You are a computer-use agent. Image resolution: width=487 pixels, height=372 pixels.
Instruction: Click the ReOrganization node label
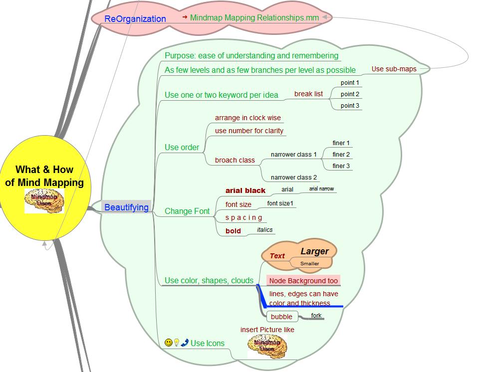pyautogui.click(x=135, y=19)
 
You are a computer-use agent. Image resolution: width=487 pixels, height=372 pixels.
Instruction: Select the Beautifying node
pyautogui.click(x=126, y=207)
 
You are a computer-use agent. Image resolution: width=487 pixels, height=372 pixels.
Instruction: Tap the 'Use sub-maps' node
pyautogui.click(x=394, y=69)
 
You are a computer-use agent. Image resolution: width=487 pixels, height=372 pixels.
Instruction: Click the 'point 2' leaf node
pyautogui.click(x=350, y=94)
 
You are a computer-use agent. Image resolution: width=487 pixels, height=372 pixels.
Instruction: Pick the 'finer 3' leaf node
pyautogui.click(x=341, y=166)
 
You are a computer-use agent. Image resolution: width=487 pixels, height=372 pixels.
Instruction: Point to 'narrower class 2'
pyautogui.click(x=293, y=178)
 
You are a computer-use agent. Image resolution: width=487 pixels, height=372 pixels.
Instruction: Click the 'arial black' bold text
pyautogui.click(x=245, y=190)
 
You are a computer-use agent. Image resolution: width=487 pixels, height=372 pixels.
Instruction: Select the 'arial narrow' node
pyautogui.click(x=321, y=189)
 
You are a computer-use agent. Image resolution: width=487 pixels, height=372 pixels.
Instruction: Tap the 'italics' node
pyautogui.click(x=264, y=230)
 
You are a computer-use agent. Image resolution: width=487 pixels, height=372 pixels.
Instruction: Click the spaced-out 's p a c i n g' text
pyautogui.click(x=243, y=218)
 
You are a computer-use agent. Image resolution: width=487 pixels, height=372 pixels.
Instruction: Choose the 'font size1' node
pyautogui.click(x=280, y=203)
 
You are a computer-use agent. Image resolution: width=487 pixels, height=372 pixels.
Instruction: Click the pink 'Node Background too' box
pyautogui.click(x=303, y=281)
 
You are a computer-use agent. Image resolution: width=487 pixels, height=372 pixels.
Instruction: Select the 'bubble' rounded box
pyautogui.click(x=281, y=317)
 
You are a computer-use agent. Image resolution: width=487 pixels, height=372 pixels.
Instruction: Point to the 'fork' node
pyautogui.click(x=316, y=316)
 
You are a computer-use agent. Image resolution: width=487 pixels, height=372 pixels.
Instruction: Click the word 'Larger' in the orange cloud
pyautogui.click(x=314, y=251)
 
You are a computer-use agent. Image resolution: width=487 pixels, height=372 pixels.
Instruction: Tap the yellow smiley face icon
pyautogui.click(x=169, y=343)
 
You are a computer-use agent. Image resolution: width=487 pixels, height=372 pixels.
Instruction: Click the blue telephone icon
pyautogui.click(x=185, y=343)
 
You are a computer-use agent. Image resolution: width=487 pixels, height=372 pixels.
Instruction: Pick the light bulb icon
pyautogui.click(x=177, y=343)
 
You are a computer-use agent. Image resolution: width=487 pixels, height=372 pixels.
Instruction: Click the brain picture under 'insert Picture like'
pyautogui.click(x=267, y=346)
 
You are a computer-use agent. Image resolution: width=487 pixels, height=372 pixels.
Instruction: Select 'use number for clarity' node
pyautogui.click(x=249, y=131)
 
